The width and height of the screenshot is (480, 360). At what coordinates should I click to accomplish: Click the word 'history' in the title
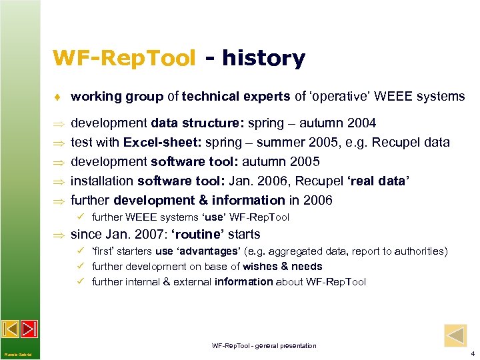(x=263, y=59)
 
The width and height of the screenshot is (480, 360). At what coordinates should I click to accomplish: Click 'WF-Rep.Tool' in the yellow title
(x=125, y=59)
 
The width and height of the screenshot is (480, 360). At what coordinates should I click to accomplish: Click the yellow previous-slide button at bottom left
(x=11, y=329)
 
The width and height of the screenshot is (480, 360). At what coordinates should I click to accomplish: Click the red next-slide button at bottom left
(x=29, y=329)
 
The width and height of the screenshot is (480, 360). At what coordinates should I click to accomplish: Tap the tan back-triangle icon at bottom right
(x=455, y=335)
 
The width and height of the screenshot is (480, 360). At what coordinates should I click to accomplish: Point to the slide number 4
(x=472, y=353)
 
